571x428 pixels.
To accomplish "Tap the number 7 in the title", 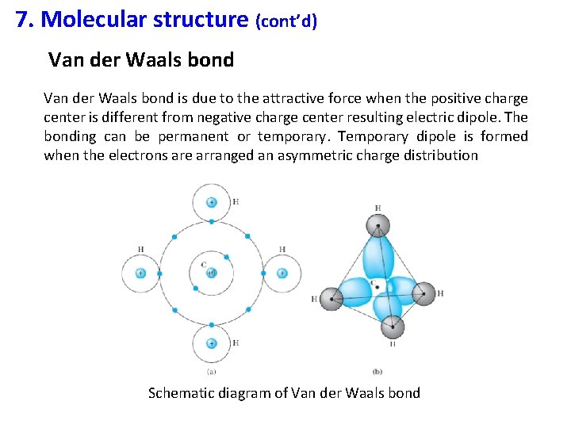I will [x=22, y=19].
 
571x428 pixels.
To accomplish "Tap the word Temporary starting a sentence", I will [x=370, y=136].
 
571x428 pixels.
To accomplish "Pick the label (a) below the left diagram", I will [x=211, y=371].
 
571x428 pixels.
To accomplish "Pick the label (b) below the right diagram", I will [x=377, y=371].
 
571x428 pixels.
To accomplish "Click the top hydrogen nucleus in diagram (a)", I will [x=211, y=202].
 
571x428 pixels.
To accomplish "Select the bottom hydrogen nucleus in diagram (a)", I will [x=211, y=343].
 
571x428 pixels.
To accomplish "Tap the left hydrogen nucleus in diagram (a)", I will [x=140, y=273].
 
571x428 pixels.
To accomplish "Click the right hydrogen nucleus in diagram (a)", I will [x=282, y=273].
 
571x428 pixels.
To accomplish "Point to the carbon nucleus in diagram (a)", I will [x=211, y=273].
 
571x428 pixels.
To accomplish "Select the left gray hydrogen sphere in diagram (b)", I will [x=331, y=298].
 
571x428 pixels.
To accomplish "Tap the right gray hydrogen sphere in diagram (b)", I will [x=424, y=293].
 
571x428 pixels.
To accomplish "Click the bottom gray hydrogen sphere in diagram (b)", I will [x=392, y=327].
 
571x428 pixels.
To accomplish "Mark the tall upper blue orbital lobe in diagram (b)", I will [x=378, y=258].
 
